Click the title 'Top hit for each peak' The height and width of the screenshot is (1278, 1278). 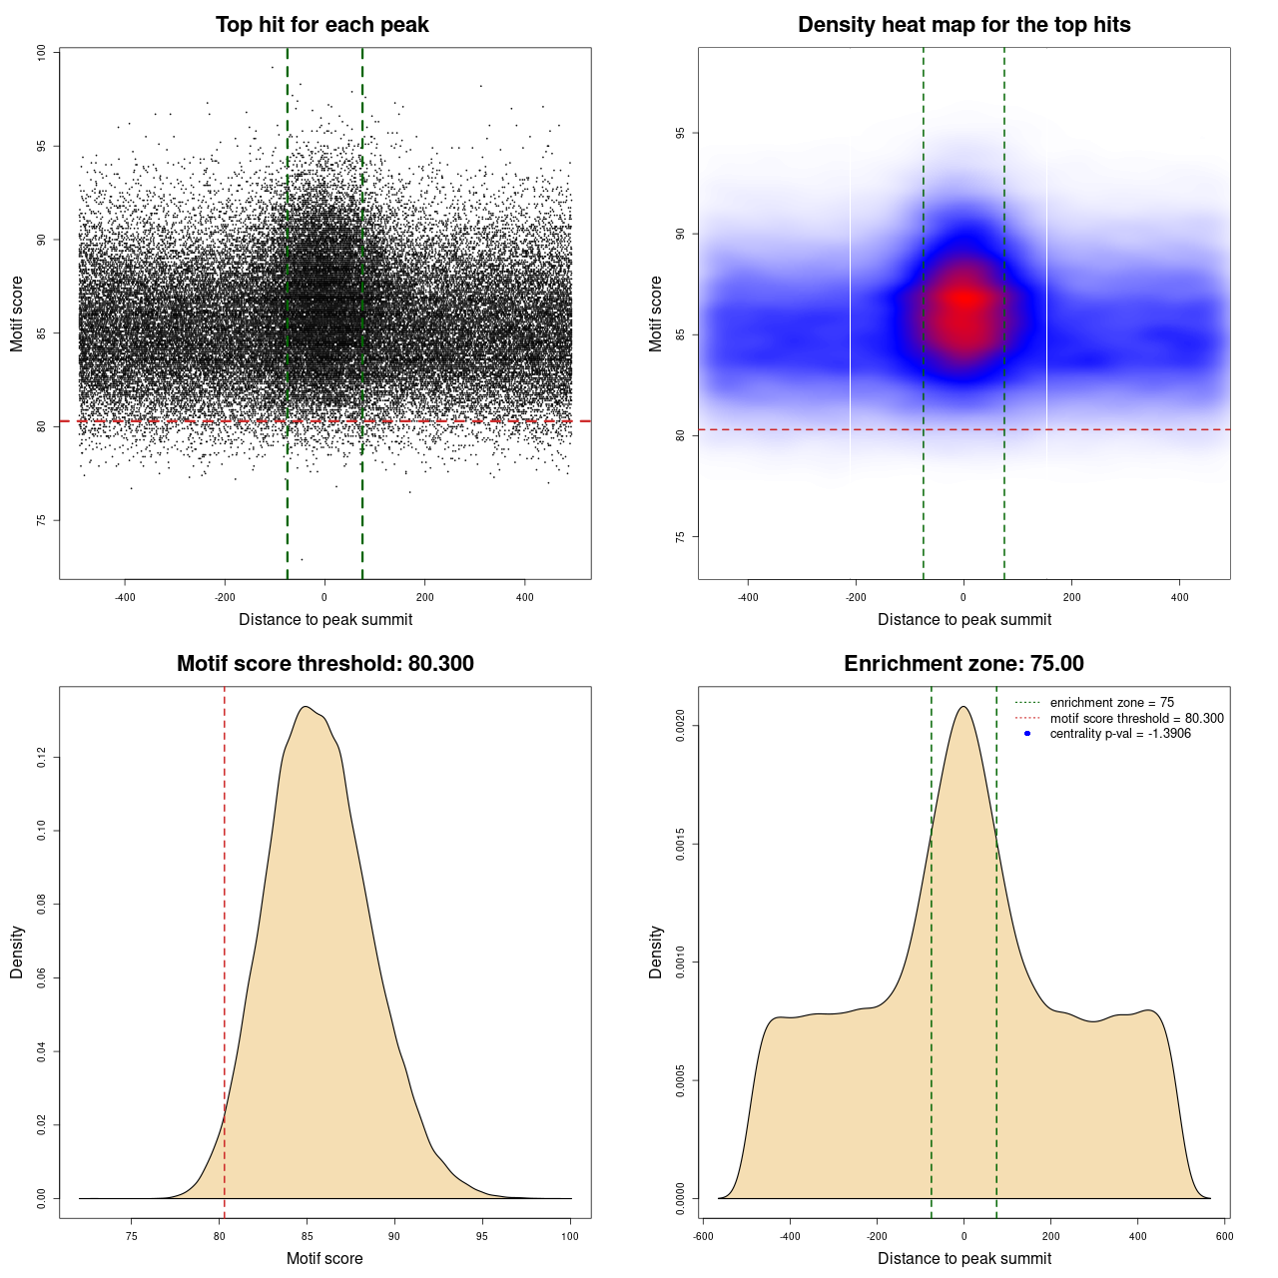(321, 25)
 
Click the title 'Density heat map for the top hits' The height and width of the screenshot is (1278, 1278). (963, 25)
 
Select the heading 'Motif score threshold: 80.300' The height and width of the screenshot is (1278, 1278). (324, 664)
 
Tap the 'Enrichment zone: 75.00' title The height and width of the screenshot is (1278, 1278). (963, 664)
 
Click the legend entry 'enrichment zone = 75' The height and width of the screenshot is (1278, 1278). (1111, 703)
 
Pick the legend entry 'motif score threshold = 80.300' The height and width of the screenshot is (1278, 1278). (1136, 718)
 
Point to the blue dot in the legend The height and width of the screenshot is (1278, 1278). (1027, 734)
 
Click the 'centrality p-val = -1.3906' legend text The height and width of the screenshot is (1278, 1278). (1120, 734)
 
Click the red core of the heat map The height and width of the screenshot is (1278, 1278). (963, 300)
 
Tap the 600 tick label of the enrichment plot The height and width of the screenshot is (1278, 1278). (1224, 1236)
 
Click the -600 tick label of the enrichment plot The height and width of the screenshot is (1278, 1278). (703, 1236)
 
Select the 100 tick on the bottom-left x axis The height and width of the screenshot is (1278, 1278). (570, 1236)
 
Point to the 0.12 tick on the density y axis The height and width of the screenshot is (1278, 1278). (41, 758)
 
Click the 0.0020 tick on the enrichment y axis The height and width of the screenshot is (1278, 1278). (680, 725)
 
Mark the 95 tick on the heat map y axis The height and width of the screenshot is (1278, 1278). (680, 133)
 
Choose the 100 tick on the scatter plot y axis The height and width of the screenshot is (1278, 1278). (41, 52)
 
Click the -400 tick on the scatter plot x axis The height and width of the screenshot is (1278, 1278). (125, 597)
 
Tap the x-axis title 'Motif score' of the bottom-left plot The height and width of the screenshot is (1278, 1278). (324, 1258)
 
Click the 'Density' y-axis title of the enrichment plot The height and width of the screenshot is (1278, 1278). (656, 952)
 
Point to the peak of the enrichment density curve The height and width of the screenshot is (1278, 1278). (963, 707)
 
